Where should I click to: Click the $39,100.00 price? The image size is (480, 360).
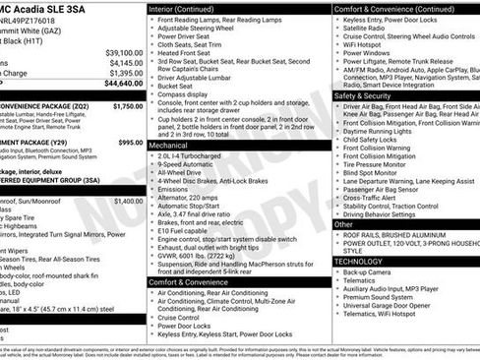[x=124, y=52]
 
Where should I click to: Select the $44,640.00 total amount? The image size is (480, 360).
[x=124, y=84]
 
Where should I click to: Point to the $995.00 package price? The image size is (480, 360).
[x=131, y=143]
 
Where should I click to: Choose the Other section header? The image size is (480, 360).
[x=345, y=224]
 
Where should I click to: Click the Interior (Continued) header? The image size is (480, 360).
[x=189, y=9]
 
